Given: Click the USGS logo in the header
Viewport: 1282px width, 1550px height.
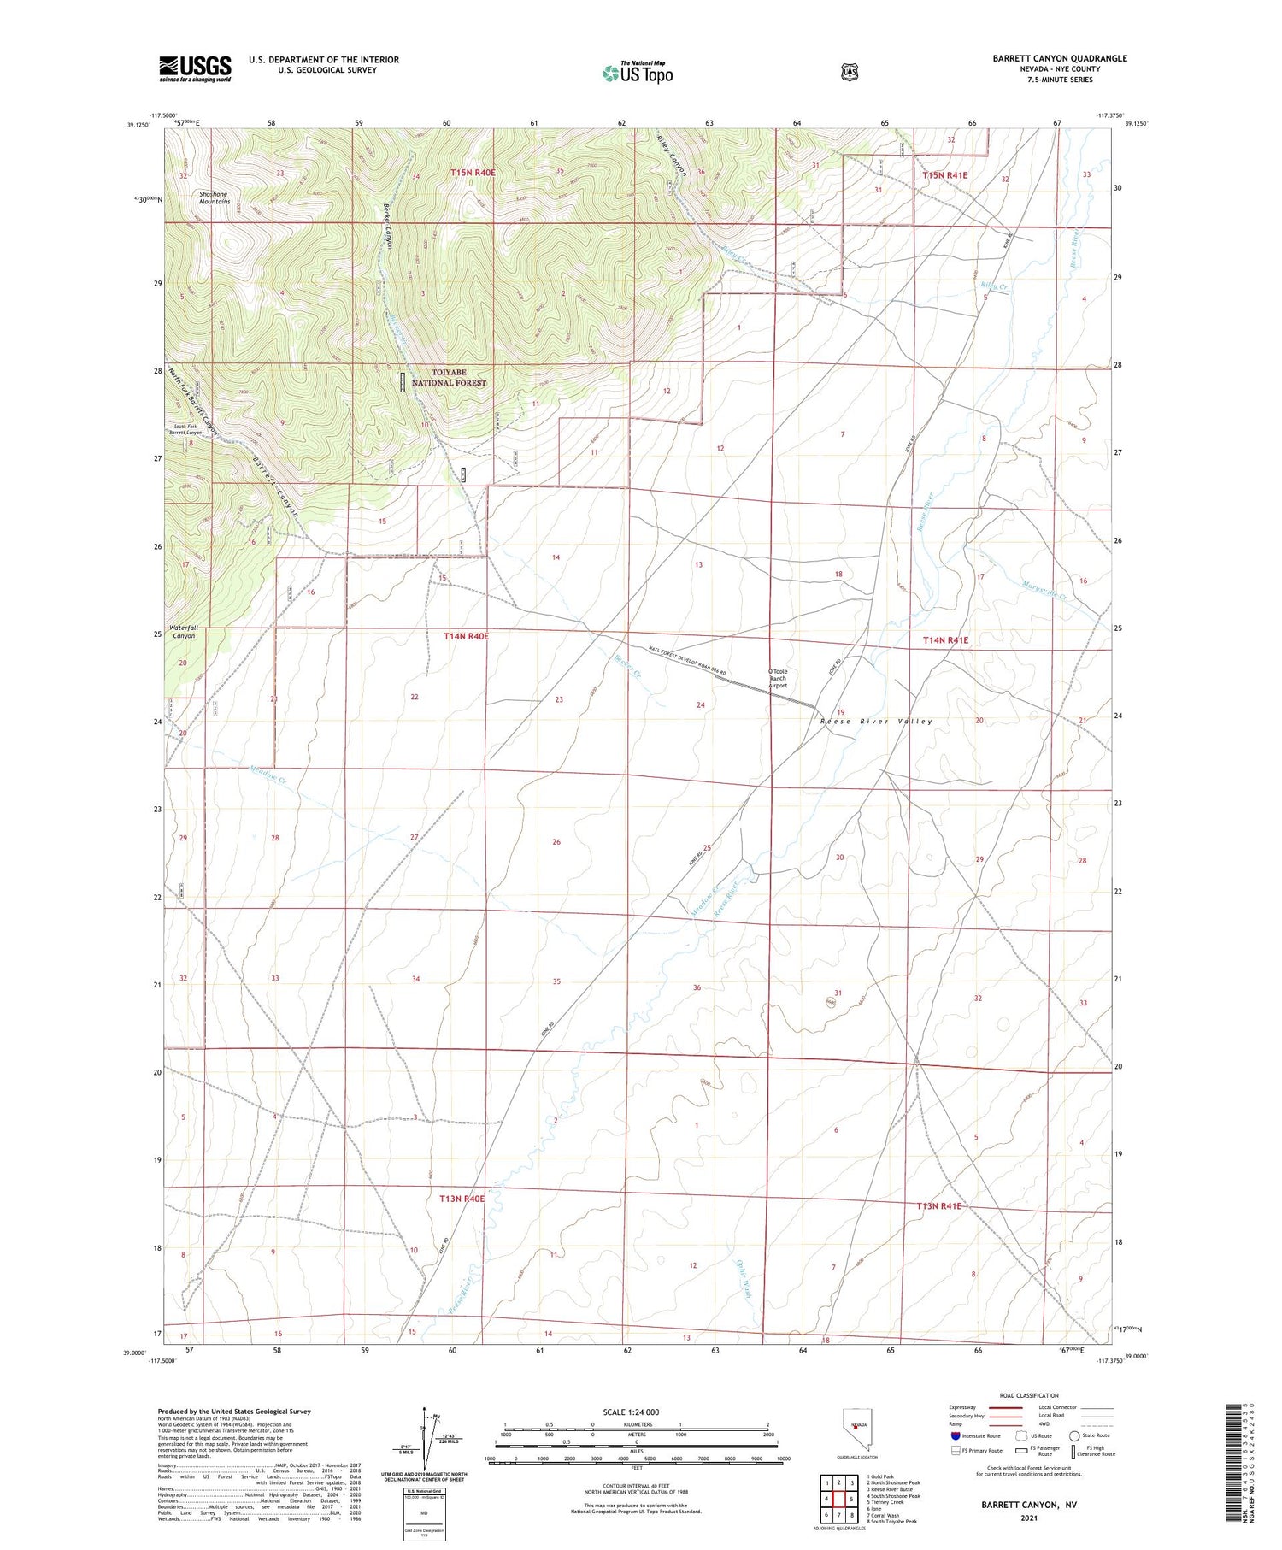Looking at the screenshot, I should pos(195,68).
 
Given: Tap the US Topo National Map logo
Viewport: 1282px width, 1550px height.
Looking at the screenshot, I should pos(637,73).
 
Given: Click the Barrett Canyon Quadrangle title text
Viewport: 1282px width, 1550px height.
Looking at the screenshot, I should pos(1059,58).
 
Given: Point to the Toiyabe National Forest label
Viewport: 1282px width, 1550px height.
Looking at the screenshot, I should pos(448,378).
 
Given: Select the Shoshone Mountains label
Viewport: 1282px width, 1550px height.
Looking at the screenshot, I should pos(214,197).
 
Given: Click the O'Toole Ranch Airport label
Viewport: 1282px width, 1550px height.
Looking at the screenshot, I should pos(777,679).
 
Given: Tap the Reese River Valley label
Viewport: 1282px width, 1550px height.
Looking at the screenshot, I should pos(876,721).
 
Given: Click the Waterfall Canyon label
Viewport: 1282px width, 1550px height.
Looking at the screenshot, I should pos(183,632).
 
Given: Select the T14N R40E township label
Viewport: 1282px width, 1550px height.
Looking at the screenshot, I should pos(466,637).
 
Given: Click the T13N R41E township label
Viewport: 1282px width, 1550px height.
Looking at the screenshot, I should pos(938,1206).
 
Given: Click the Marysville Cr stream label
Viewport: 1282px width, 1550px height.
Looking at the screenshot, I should pos(1044,589).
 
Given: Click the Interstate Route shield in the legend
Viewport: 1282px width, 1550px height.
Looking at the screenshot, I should pos(955,1436).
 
